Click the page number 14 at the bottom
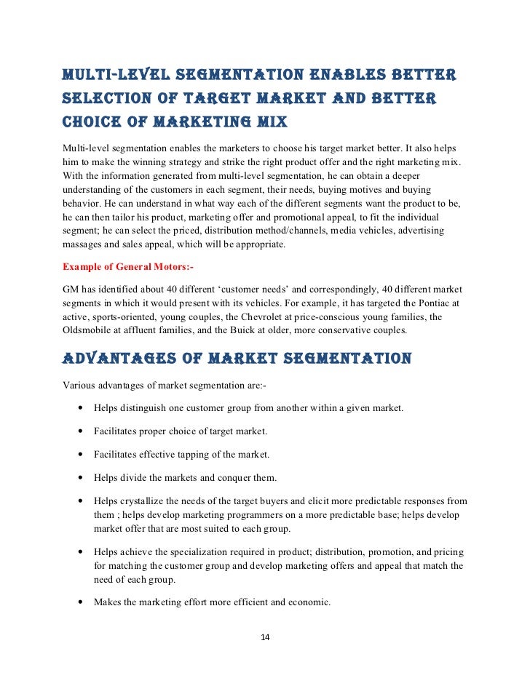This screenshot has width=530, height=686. pyautogui.click(x=265, y=638)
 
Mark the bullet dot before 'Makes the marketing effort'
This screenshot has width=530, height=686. pyautogui.click(x=78, y=602)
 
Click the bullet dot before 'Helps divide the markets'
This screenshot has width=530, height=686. pyautogui.click(x=78, y=479)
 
